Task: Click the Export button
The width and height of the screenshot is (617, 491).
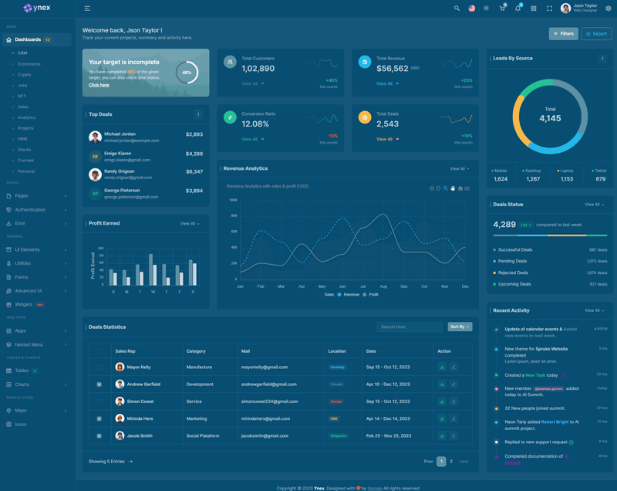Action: click(596, 34)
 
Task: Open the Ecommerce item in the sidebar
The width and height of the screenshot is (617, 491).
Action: click(29, 64)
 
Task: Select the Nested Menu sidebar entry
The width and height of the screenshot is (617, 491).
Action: click(29, 344)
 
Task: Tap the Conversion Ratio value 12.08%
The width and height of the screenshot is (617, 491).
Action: click(255, 124)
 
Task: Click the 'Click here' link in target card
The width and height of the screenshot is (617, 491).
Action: click(99, 85)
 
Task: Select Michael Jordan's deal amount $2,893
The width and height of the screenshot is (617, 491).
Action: click(194, 134)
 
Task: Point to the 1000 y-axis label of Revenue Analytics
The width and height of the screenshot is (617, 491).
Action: click(233, 200)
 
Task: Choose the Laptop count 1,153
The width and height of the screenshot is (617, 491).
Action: click(567, 179)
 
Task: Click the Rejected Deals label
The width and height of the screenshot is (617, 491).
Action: click(513, 273)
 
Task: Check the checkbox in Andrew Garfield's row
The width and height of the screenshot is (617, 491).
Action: click(99, 384)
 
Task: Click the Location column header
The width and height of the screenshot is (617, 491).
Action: click(337, 351)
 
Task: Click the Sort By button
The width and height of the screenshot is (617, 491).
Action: click(459, 327)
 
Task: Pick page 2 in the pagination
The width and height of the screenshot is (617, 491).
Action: click(451, 462)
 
